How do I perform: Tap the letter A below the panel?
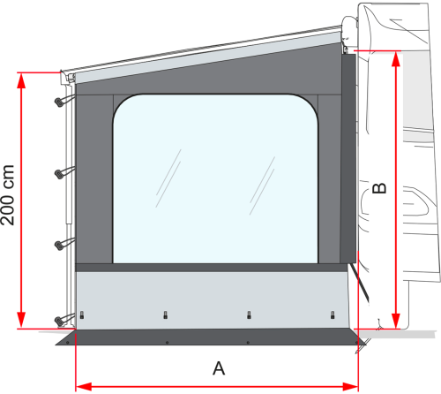point(220,367)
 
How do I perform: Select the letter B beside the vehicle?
point(378,189)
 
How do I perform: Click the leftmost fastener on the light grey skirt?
point(81,315)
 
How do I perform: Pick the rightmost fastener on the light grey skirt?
point(332,315)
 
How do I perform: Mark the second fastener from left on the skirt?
point(165,315)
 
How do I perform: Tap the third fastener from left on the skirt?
point(250,315)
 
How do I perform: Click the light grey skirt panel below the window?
point(212,296)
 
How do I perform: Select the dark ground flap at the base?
point(212,337)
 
